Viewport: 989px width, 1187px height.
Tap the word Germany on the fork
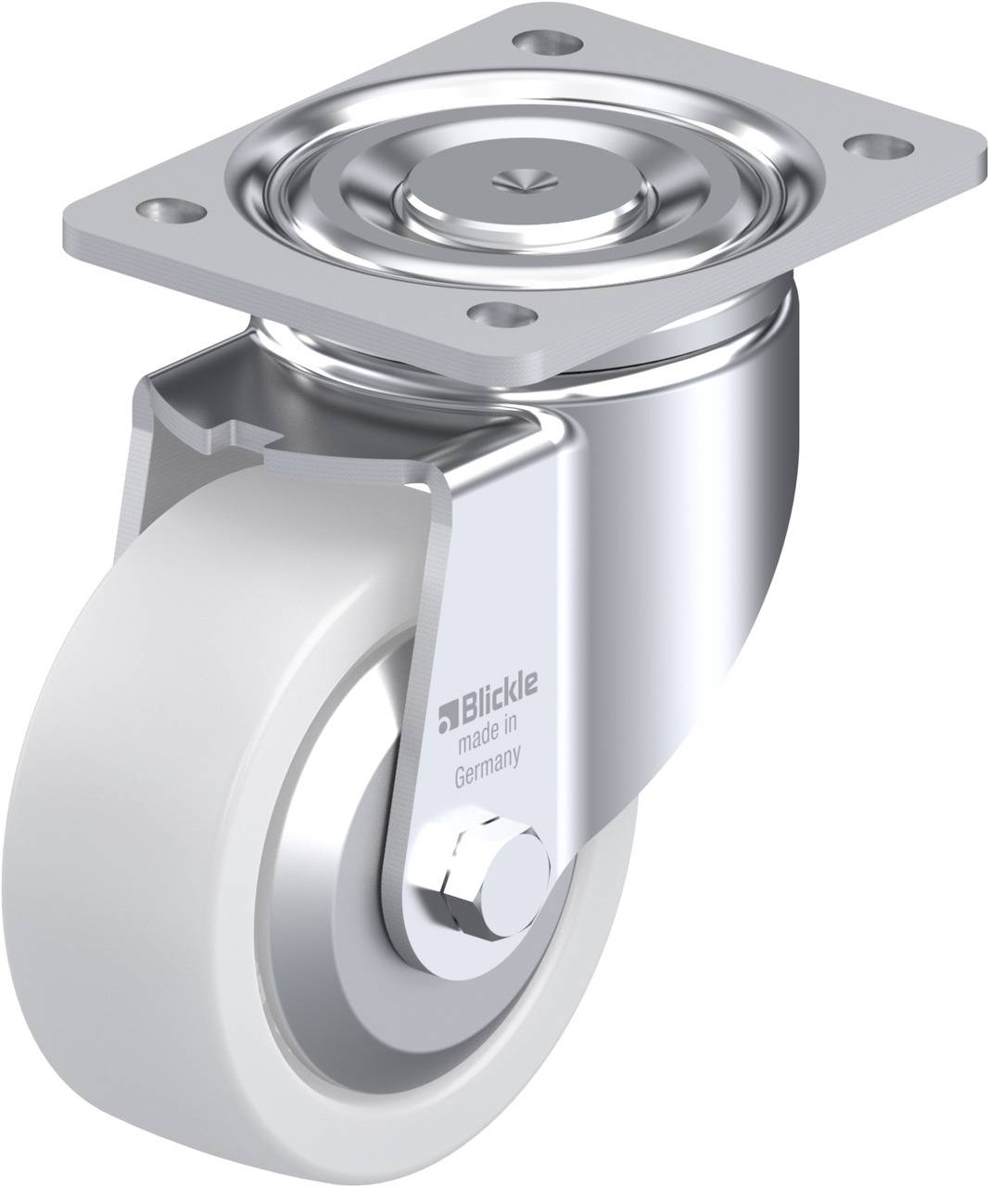click(x=488, y=765)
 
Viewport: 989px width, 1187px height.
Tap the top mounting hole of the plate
click(x=548, y=42)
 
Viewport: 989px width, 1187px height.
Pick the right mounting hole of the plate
click(x=879, y=147)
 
